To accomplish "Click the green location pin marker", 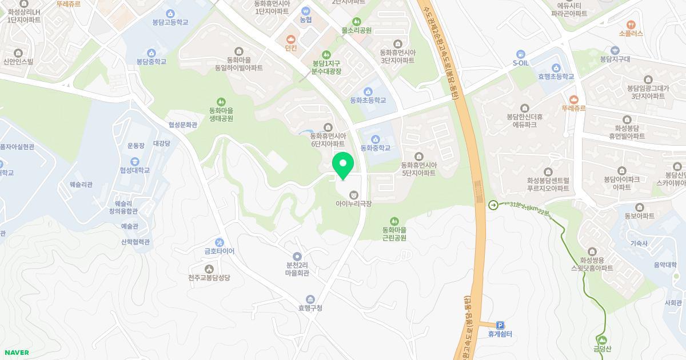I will point(343,166).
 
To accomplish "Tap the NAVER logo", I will point(16,353).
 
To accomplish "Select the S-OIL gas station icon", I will point(520,53).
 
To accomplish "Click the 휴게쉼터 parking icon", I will point(500,325).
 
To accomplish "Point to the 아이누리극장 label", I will point(354,203).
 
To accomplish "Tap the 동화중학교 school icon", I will point(376,139).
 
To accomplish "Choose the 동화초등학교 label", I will point(368,101).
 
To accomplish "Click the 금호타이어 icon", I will point(220,242).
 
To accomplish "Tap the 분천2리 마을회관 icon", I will point(297,257).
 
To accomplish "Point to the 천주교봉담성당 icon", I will point(209,269).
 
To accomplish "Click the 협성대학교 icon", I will point(135,161).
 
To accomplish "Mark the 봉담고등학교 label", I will point(170,23).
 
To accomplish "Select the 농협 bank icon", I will point(306,10).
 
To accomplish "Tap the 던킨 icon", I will point(291,39).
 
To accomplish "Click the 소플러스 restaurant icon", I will point(631,25).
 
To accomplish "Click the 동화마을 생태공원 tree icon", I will point(221,102).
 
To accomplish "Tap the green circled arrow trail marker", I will point(493,205).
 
